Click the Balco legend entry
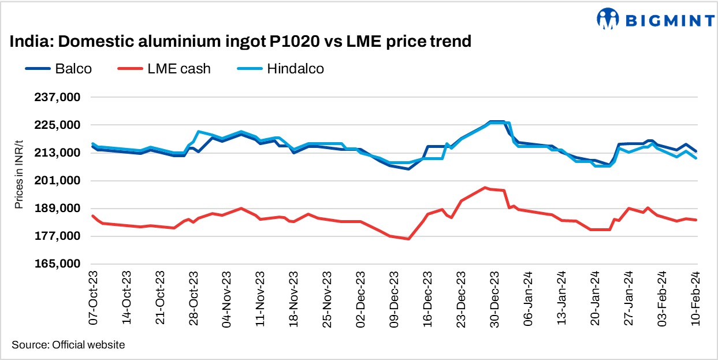(x=59, y=69)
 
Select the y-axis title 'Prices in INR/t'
(x=19, y=181)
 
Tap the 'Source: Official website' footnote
(x=68, y=345)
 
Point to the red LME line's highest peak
(x=485, y=187)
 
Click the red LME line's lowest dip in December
(x=408, y=239)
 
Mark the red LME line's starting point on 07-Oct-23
(x=92, y=216)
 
